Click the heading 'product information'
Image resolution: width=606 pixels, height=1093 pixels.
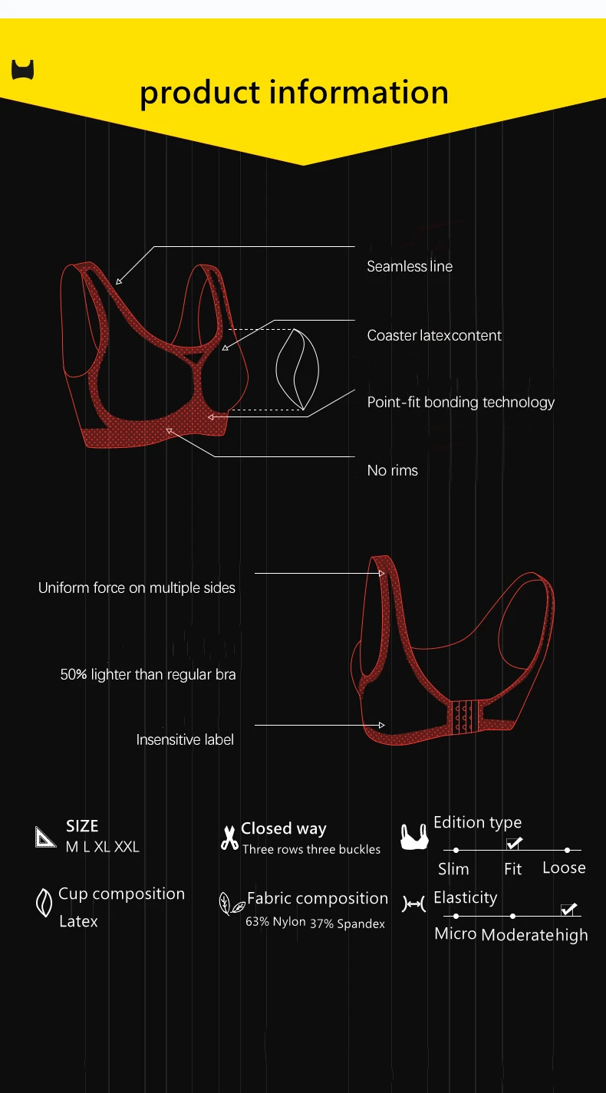[294, 93]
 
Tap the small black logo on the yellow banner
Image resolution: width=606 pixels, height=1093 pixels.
[23, 70]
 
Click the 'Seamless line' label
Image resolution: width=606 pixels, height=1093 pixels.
[410, 266]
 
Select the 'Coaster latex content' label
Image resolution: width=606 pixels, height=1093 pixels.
[434, 335]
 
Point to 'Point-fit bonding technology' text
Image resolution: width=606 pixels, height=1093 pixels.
[460, 402]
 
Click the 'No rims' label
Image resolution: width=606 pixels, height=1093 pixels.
[392, 470]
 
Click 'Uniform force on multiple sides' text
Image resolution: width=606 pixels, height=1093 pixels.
[137, 588]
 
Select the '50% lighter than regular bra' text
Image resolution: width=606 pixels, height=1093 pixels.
[148, 675]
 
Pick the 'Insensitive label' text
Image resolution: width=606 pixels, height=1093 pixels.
[185, 739]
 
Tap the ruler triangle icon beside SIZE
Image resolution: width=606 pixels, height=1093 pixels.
[45, 837]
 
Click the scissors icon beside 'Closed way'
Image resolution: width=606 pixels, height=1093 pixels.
[229, 838]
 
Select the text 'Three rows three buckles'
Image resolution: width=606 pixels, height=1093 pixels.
[311, 849]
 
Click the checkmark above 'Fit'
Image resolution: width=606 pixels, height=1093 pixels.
[514, 843]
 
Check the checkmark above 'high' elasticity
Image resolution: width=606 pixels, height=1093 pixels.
[568, 909]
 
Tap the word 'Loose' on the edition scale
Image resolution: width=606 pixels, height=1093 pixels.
[564, 867]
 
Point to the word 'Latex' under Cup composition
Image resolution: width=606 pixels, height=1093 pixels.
[78, 921]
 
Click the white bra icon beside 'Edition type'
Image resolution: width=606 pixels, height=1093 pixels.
[413, 837]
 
